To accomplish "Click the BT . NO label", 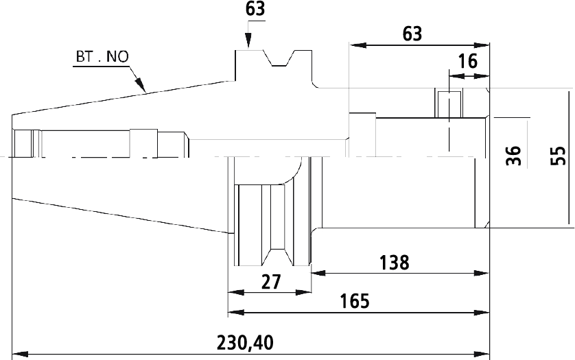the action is pyautogui.click(x=102, y=57).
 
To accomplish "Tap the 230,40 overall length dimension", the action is pyautogui.click(x=245, y=343).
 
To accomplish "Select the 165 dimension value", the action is pyautogui.click(x=355, y=301).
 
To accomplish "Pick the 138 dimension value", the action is pyautogui.click(x=394, y=263).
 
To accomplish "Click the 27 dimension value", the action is pyautogui.click(x=271, y=282).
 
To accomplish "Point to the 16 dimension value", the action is pyautogui.click(x=468, y=61).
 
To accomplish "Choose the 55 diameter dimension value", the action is pyautogui.click(x=559, y=156).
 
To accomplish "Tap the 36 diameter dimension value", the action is pyautogui.click(x=513, y=156).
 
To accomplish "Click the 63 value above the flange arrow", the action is pyautogui.click(x=255, y=9).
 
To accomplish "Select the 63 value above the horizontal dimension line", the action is pyautogui.click(x=412, y=34).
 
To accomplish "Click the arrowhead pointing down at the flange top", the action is pyautogui.click(x=248, y=40).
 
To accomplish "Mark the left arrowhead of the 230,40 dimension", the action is pyautogui.click(x=20, y=355).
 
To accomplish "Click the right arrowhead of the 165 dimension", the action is pyautogui.click(x=482, y=313).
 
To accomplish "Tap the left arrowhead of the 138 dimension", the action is pyautogui.click(x=318, y=273).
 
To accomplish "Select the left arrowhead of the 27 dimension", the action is pyautogui.click(x=236, y=293).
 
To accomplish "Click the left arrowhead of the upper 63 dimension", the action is pyautogui.click(x=357, y=45).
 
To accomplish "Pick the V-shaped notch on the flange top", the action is pyautogui.click(x=279, y=59).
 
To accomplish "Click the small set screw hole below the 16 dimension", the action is pyautogui.click(x=449, y=104).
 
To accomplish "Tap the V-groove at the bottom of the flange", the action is pyautogui.click(x=278, y=256).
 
